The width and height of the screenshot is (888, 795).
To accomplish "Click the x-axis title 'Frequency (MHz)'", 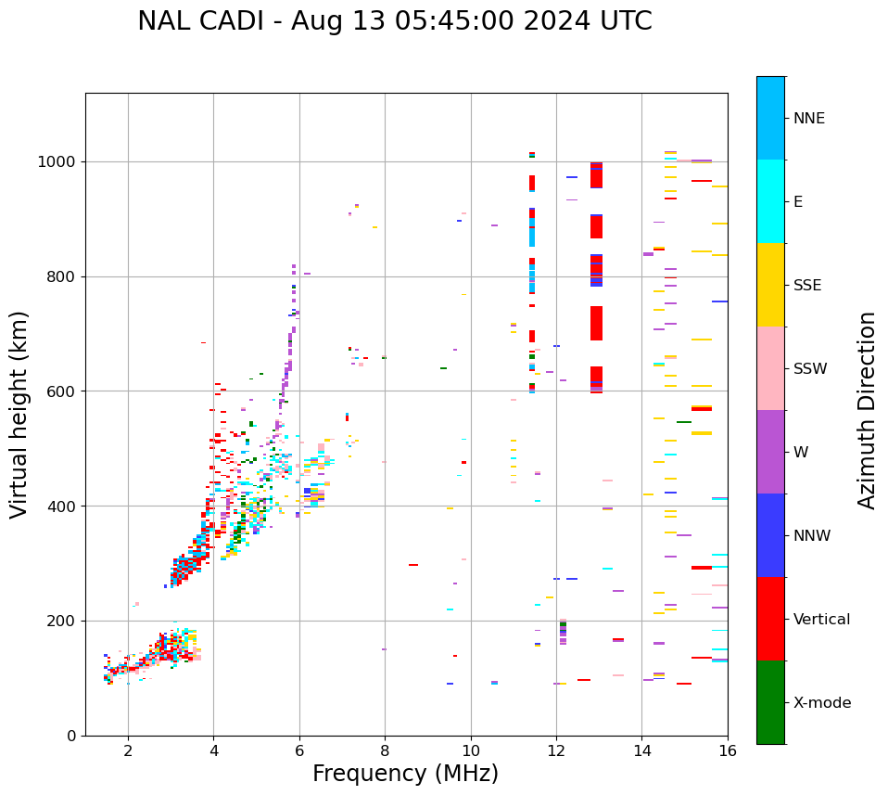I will (405, 774).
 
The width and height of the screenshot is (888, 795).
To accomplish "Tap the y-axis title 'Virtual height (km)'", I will (19, 414).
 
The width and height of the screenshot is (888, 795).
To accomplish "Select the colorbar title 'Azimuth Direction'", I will (867, 410).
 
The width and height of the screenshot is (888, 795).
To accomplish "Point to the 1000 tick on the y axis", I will (57, 161).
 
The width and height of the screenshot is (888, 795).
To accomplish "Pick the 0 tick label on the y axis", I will (71, 736).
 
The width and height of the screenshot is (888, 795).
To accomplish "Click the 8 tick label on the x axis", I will (385, 751).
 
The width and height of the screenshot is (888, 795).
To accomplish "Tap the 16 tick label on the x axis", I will (728, 751).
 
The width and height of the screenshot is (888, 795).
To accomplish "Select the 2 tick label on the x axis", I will (128, 751).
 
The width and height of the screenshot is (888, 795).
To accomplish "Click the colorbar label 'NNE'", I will (808, 119).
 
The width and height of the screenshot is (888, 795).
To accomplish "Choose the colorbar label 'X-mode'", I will (821, 703).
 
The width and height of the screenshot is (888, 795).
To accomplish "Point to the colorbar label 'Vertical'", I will (821, 620).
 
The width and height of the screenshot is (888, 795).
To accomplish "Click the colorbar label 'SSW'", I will (810, 369).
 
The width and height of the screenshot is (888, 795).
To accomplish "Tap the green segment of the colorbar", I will (770, 702).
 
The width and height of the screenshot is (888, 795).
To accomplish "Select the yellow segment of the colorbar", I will (770, 285).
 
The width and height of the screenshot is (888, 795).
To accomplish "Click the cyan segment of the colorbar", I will (770, 201).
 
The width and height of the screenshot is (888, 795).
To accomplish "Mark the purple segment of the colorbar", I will (770, 452).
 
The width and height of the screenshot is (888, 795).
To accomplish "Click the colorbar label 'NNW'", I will (812, 536).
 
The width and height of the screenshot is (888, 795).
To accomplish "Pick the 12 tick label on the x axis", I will (556, 751).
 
